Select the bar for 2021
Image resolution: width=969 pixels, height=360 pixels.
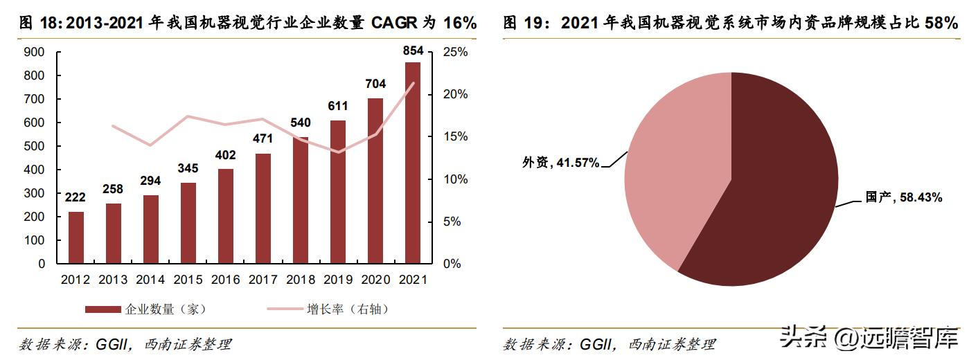point(412,163)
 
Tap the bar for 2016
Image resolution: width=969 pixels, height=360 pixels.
point(225,216)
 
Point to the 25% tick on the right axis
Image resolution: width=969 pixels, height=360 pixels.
point(455,52)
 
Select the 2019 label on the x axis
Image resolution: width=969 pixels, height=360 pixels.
point(337,280)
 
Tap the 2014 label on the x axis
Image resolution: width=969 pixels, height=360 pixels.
point(150,280)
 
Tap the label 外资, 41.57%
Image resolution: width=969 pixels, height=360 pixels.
point(560,163)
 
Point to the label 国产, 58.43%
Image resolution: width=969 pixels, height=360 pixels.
point(903,198)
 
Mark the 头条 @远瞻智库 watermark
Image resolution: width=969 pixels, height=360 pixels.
point(869,339)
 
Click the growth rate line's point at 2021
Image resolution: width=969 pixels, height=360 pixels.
point(414,84)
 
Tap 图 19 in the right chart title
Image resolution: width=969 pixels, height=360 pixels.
point(519,24)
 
